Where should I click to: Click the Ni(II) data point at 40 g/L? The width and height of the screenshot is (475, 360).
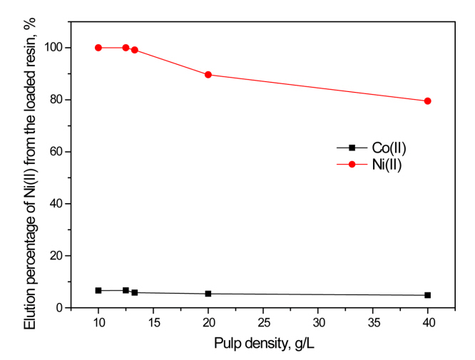pos(428,101)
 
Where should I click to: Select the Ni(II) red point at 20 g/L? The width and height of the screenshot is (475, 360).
pos(208,75)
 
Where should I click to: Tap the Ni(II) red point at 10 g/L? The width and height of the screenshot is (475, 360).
pos(98,48)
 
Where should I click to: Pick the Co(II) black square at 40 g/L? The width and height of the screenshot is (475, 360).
pos(428,295)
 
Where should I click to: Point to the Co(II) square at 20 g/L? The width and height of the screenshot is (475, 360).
pos(208,294)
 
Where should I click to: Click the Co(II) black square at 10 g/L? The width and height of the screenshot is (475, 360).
pos(98,291)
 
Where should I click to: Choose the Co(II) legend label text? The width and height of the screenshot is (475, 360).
pos(389,148)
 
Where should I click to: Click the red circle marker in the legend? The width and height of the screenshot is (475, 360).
pos(352,163)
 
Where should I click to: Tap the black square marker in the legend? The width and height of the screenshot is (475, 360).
pos(352,148)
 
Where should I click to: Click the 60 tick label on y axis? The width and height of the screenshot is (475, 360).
pos(64,152)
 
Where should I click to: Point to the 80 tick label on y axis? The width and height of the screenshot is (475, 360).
pos(64,100)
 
